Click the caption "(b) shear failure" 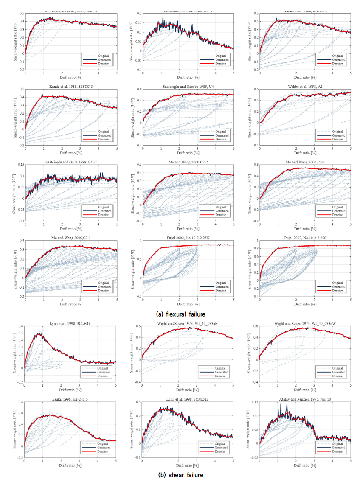click(180, 475)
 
